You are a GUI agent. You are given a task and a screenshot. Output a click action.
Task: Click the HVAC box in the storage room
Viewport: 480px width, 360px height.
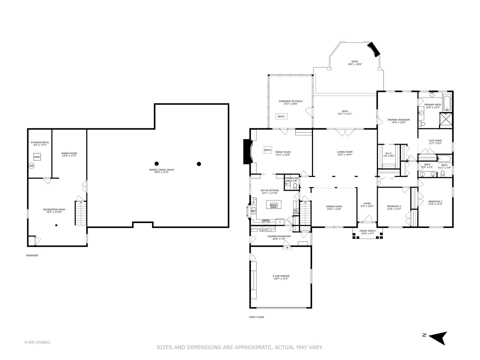[x=37, y=157]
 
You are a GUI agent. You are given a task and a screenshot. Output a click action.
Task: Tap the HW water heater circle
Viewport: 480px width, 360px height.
[x=32, y=166]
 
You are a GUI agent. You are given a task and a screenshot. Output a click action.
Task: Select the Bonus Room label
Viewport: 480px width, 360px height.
[x=69, y=153]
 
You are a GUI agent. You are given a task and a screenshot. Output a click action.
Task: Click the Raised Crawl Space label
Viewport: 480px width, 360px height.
[x=161, y=170]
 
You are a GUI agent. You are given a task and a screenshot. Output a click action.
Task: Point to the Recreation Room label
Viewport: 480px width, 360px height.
[x=54, y=209]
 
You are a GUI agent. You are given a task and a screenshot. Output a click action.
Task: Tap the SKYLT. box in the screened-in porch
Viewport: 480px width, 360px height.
[x=281, y=116]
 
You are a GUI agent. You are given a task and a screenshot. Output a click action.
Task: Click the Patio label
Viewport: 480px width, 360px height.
[x=355, y=62]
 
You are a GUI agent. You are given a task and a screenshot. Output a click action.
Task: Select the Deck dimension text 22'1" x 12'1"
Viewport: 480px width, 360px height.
[x=345, y=114]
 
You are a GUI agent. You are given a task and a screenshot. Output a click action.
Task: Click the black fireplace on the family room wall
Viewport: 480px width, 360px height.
[x=247, y=152]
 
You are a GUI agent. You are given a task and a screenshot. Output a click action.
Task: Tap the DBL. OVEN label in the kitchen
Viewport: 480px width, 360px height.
[x=296, y=212]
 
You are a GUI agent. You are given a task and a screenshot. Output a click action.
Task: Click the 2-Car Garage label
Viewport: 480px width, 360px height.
[x=281, y=276]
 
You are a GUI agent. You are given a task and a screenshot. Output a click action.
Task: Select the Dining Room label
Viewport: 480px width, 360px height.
[x=334, y=206]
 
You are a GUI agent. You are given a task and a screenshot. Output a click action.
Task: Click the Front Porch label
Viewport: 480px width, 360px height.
[x=367, y=231]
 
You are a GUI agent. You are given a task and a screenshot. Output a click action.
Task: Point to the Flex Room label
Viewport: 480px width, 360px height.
[x=435, y=141]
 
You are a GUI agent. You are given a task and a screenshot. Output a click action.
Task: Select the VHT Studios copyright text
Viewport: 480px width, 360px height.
[x=37, y=342]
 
